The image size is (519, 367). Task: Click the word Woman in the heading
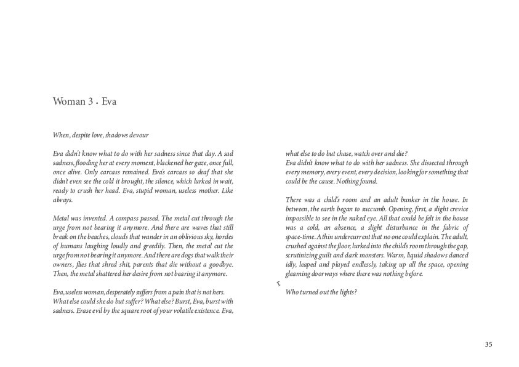[x=68, y=102]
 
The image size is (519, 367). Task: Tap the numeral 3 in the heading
[x=90, y=102]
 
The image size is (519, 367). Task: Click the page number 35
[x=488, y=345]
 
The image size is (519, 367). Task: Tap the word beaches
[x=93, y=237]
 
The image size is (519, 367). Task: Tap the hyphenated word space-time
[x=302, y=237]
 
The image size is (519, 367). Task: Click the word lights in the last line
[x=347, y=292]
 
